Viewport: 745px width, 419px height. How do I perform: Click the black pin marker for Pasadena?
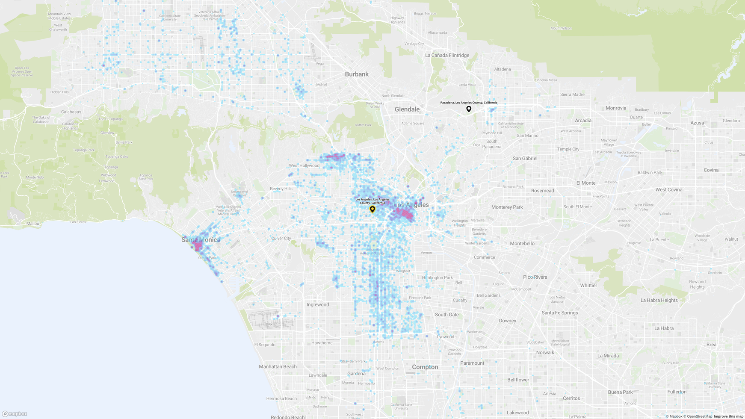click(x=469, y=109)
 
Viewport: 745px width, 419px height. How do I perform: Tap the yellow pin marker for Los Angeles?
click(x=372, y=209)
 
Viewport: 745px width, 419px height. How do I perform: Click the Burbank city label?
click(x=357, y=74)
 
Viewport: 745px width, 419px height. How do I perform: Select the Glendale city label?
click(x=407, y=109)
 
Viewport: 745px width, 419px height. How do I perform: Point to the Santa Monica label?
click(x=201, y=240)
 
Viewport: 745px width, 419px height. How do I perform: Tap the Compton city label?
click(x=425, y=367)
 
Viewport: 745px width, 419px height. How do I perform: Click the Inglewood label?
click(x=318, y=305)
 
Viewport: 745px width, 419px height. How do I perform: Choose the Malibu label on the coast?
click(x=33, y=224)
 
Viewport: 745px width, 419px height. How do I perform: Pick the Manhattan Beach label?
click(x=278, y=367)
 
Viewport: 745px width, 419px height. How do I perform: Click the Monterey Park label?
click(x=507, y=207)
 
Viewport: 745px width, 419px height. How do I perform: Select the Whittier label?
click(x=588, y=286)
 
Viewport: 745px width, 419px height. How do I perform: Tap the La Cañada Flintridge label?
click(x=447, y=56)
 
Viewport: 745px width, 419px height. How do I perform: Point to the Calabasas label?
click(x=71, y=112)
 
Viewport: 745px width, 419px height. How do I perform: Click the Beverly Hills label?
click(x=281, y=189)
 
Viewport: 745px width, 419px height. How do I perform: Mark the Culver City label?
click(x=281, y=239)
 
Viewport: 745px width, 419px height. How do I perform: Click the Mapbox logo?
click(x=15, y=414)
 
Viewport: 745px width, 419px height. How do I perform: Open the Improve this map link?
click(x=728, y=416)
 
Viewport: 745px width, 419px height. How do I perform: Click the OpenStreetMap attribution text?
click(x=699, y=416)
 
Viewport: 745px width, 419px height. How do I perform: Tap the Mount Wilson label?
click(x=561, y=29)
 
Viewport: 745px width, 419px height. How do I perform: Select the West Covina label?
click(x=668, y=190)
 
